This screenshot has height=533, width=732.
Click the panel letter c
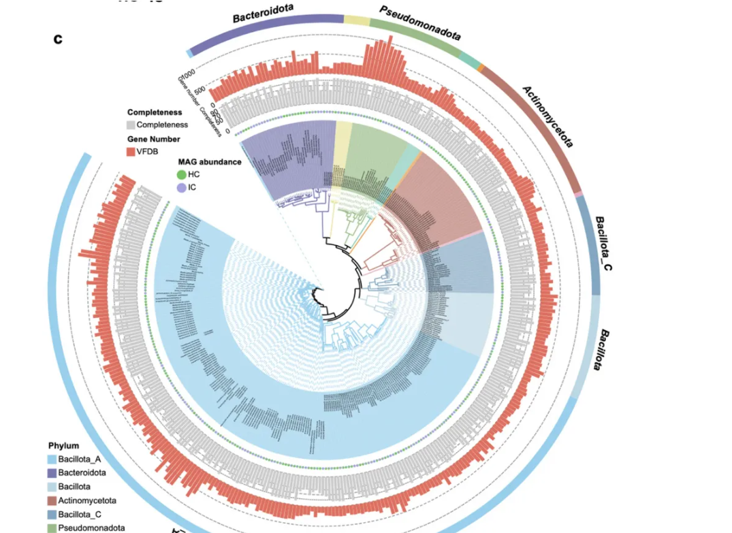click(x=58, y=39)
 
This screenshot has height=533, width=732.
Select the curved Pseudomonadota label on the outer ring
click(x=420, y=22)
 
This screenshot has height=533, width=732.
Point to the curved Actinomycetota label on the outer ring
click(x=548, y=116)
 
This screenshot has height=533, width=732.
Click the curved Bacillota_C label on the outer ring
click(x=603, y=243)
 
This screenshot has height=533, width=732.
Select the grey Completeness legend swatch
click(x=131, y=125)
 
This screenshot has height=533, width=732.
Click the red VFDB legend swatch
click(x=131, y=151)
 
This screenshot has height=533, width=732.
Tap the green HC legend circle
click(x=181, y=175)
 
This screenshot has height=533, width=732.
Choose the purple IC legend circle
click(x=181, y=187)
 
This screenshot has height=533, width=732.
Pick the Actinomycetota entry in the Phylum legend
click(x=86, y=500)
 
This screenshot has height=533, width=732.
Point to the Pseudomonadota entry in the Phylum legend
click(x=91, y=528)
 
